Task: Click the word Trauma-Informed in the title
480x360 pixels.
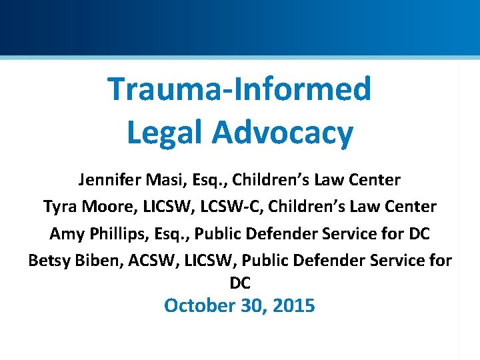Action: coord(239,89)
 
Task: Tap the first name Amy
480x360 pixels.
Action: coord(64,235)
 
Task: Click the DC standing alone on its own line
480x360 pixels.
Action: coord(240,283)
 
